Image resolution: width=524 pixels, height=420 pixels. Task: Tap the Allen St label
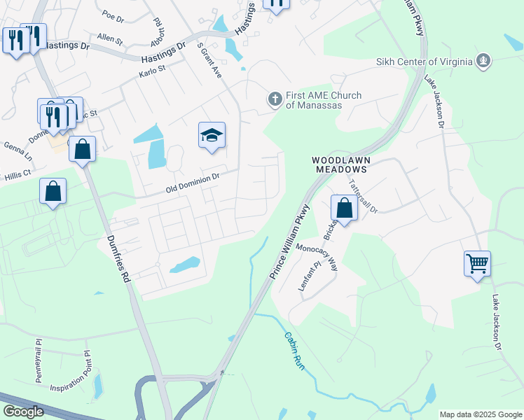coord(109,37)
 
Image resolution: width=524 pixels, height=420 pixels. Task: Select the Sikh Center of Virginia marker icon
coord(483,62)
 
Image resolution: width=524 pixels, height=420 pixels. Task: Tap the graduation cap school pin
coord(212,136)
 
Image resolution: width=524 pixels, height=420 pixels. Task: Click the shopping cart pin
coord(477,264)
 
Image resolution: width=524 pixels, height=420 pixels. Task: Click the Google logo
coord(23,412)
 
